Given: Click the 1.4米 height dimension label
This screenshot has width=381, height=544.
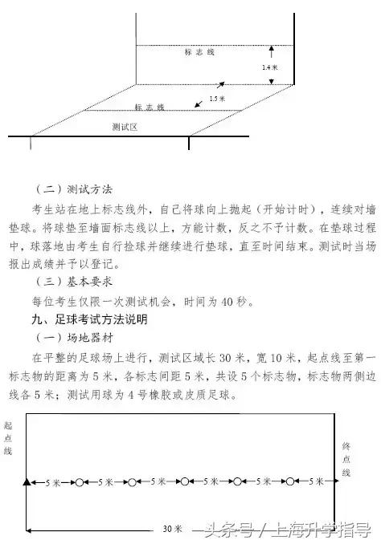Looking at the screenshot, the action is point(269,68).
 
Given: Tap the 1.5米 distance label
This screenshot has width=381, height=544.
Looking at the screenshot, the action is point(215,98).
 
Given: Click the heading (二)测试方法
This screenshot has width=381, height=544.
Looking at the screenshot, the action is point(75,190).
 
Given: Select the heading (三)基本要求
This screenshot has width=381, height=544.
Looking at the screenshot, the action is point(75,282).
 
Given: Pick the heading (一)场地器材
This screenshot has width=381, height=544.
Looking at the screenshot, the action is point(75,336).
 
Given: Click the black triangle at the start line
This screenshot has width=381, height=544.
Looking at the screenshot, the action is point(27,481).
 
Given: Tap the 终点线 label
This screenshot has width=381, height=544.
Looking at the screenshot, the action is point(346,458).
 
